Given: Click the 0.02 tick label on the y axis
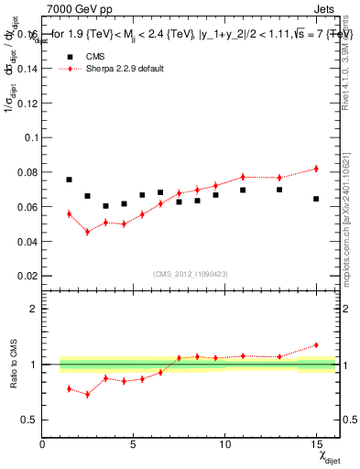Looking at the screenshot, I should point(29,276).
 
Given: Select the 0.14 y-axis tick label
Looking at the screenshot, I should point(29,69).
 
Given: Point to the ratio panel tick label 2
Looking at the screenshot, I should point(33,309).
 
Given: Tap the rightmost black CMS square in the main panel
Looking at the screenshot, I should point(316,199).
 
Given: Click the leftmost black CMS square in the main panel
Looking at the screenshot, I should point(69,180).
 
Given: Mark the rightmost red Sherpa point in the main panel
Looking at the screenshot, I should point(316,169).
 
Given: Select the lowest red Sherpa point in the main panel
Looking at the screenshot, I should point(87,232).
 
